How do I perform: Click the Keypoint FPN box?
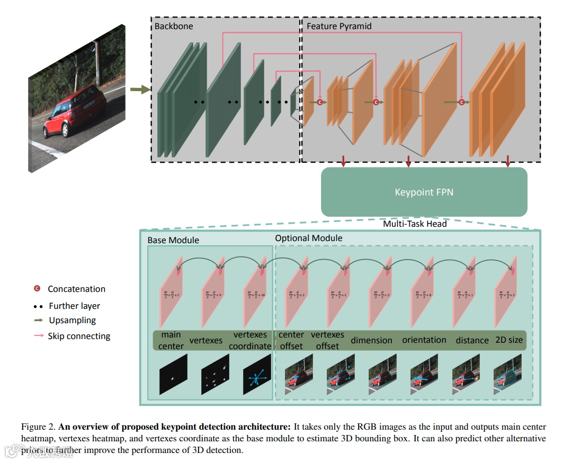[424, 192]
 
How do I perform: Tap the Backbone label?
[174, 26]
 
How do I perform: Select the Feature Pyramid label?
[339, 26]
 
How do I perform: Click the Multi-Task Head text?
[415, 224]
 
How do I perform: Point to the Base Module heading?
[173, 240]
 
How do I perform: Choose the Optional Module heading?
[308, 238]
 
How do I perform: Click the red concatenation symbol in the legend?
[37, 289]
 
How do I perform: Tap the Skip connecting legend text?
[79, 336]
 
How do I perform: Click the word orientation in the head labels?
[424, 340]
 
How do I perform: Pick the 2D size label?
[508, 340]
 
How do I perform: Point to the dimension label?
[371, 340]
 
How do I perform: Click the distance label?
[472, 340]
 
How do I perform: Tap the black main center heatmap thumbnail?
[173, 375]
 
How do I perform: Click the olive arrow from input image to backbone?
[140, 90]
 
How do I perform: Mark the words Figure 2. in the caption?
[38, 427]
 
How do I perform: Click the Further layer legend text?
[74, 306]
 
